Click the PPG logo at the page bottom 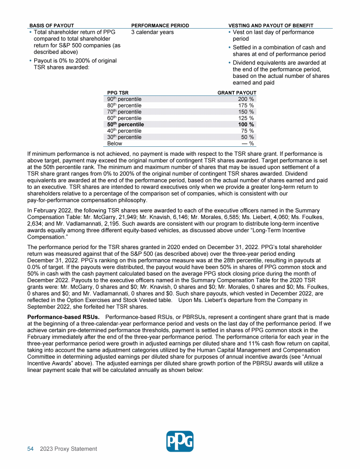[x=180, y=441]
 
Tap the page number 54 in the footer [x=30, y=449]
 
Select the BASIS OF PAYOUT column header [x=52, y=25]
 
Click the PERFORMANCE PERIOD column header [x=160, y=25]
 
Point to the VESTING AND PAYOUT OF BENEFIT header [x=271, y=25]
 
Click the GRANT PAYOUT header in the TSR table [x=237, y=93]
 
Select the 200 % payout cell [x=246, y=99]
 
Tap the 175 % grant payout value [x=246, y=106]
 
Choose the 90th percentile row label [x=124, y=99]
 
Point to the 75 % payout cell [x=247, y=131]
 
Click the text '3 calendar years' [x=152, y=32]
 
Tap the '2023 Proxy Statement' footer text [x=68, y=449]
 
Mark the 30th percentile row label [x=124, y=137]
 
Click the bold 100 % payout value [x=246, y=125]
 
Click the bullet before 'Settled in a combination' [x=229, y=48]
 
